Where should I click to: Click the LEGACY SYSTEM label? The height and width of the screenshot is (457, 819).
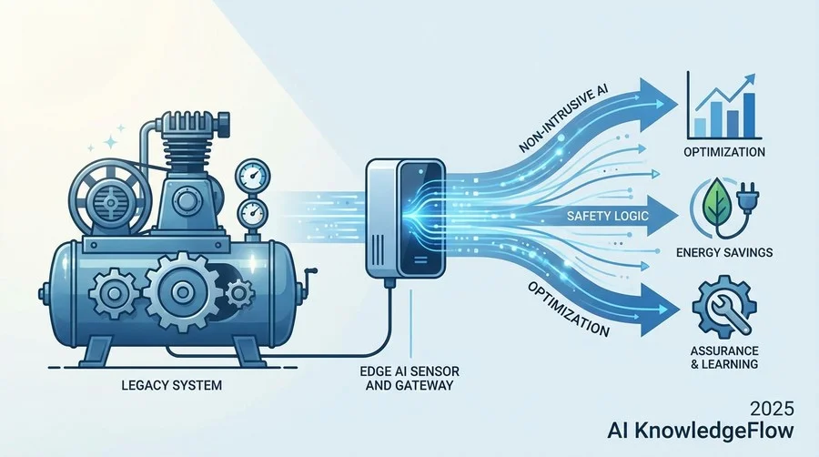pyautogui.click(x=171, y=385)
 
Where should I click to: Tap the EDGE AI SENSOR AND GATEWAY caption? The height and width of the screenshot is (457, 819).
pyautogui.click(x=409, y=379)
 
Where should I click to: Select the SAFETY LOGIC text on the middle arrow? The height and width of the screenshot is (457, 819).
pyautogui.click(x=608, y=216)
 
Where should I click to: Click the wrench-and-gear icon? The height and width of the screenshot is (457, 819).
pyautogui.click(x=724, y=309)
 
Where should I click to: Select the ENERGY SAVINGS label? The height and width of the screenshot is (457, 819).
pyautogui.click(x=724, y=253)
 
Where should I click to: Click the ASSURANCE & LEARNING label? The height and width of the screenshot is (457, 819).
pyautogui.click(x=724, y=357)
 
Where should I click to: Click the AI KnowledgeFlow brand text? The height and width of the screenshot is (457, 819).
pyautogui.click(x=701, y=431)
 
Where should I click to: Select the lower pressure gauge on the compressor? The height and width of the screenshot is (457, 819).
pyautogui.click(x=253, y=214)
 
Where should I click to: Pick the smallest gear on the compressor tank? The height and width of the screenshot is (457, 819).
pyautogui.click(x=239, y=293)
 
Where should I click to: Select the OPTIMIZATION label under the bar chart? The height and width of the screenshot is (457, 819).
pyautogui.click(x=724, y=152)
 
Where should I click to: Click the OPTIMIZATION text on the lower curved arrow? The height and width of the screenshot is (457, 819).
pyautogui.click(x=568, y=310)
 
